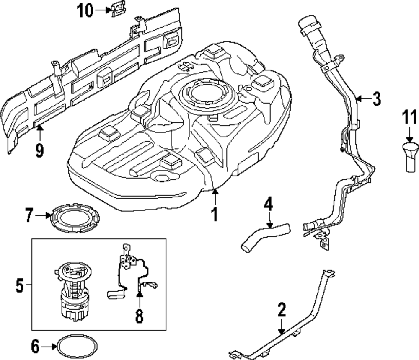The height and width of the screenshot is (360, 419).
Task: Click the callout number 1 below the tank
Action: tap(214, 214)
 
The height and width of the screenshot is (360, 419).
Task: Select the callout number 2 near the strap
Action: tap(282, 311)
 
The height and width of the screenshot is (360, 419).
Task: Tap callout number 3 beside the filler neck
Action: tap(376, 99)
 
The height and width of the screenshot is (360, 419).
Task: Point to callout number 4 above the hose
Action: tap(268, 205)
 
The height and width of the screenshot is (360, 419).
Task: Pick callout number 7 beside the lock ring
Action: tap(29, 216)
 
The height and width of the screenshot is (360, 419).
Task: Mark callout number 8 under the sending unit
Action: tap(139, 316)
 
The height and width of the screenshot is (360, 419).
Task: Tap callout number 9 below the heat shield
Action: tap(39, 150)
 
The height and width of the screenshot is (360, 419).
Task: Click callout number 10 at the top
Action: tap(85, 11)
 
